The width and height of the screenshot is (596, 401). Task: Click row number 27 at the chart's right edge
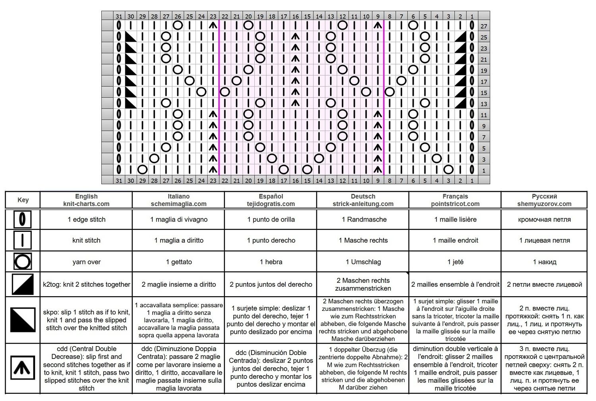(x=484, y=26)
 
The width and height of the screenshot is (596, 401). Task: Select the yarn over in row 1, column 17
(x=284, y=170)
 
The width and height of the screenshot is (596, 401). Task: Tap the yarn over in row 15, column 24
(x=201, y=92)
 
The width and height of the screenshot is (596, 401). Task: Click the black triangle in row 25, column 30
(x=131, y=37)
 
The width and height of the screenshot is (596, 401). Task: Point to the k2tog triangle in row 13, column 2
(x=460, y=103)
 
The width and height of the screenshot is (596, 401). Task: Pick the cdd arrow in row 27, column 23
(x=213, y=25)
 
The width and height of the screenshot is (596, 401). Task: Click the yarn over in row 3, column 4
(x=437, y=159)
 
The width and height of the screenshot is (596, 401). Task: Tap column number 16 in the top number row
(x=295, y=16)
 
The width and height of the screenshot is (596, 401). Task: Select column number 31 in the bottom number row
(x=119, y=181)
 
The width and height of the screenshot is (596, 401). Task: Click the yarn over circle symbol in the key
(x=23, y=262)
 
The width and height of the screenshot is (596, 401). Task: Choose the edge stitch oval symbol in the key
(x=23, y=219)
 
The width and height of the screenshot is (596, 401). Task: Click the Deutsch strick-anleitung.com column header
(x=363, y=200)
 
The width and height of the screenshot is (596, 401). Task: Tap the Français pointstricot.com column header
(x=455, y=200)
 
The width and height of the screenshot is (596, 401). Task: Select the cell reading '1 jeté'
(x=455, y=262)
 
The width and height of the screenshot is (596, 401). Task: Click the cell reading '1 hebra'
(x=271, y=262)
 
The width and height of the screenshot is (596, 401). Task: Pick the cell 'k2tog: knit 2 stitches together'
(x=86, y=284)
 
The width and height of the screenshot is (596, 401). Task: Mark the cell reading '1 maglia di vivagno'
(x=178, y=219)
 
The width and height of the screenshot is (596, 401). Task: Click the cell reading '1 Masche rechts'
(x=363, y=240)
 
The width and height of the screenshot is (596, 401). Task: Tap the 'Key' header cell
(x=23, y=200)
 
